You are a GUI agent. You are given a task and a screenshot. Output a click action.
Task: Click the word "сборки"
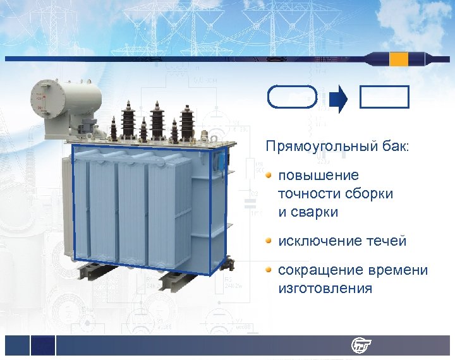coord(370,194)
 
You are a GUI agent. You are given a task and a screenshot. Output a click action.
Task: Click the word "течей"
coord(385,241)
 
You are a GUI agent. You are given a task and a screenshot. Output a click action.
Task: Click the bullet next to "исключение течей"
coord(269,241)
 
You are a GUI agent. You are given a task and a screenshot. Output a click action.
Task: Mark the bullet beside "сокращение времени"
coord(269,270)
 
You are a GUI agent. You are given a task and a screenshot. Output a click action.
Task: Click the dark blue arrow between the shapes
coord(339,98)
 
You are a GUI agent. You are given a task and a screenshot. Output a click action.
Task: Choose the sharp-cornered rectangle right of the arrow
coord(384,97)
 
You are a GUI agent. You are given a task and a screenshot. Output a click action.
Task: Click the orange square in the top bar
coord(399,59)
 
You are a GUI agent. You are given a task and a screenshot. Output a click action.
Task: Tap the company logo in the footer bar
coord(361,345)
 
